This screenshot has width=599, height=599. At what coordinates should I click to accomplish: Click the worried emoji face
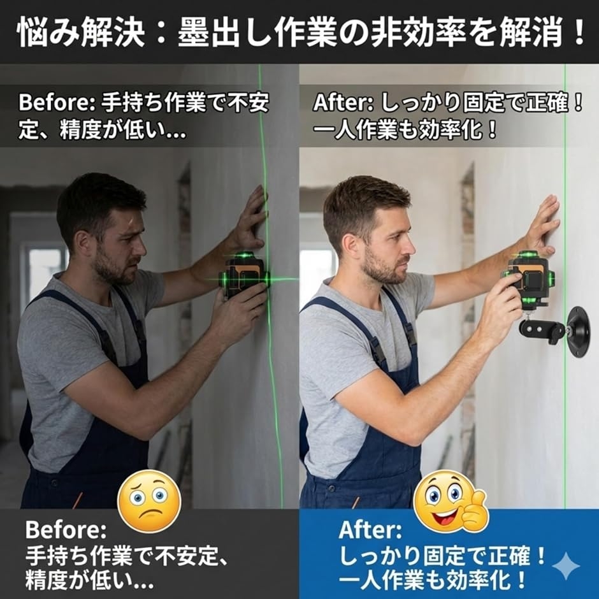149,501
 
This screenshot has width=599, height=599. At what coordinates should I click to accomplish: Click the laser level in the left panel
245,275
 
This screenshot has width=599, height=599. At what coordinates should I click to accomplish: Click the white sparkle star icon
566,565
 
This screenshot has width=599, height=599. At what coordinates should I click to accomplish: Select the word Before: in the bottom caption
66,530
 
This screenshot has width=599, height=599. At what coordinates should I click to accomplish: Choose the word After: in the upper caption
343,103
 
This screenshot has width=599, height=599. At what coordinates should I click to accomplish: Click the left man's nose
141,249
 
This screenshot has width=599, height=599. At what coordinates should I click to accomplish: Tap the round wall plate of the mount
579,331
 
